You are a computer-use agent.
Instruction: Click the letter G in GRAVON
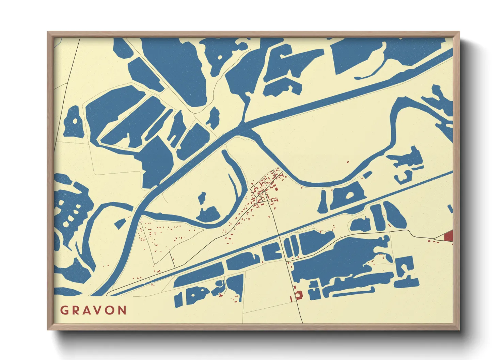click(x=64, y=310)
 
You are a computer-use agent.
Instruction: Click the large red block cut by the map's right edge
click(x=449, y=235)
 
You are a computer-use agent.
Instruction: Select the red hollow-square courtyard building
click(x=299, y=295)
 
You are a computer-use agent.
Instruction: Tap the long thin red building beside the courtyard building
click(x=291, y=298)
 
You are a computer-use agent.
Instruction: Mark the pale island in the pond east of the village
click(x=349, y=195)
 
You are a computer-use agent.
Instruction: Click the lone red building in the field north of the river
click(x=348, y=162)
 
